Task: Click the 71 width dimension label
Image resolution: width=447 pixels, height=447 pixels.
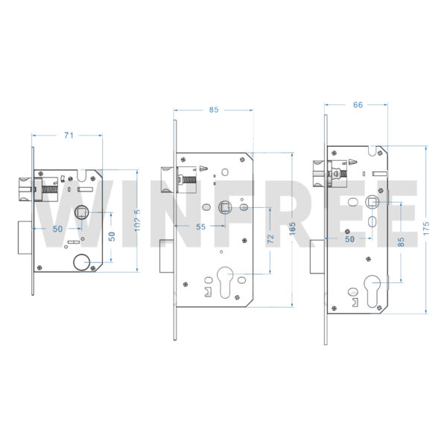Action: (x=69, y=136)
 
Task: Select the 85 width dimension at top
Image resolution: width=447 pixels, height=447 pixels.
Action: (x=214, y=110)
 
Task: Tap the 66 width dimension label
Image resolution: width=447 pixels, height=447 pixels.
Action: (x=358, y=105)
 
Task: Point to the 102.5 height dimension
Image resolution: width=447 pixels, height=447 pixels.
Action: (x=137, y=221)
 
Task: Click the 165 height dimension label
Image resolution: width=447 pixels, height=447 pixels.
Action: (x=293, y=229)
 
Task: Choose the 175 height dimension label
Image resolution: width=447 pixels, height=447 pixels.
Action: (x=426, y=228)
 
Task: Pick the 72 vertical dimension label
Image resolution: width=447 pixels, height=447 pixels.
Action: (x=270, y=239)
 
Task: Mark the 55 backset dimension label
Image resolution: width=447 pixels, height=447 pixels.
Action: (x=200, y=227)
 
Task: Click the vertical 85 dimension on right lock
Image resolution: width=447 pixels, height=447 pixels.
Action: (x=401, y=242)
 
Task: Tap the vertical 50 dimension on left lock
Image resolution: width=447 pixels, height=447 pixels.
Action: (x=112, y=237)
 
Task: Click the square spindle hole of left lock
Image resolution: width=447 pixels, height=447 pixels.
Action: (x=82, y=212)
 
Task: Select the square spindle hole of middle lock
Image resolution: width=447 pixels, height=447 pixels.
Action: (x=225, y=207)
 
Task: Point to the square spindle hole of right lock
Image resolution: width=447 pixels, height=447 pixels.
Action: (x=372, y=202)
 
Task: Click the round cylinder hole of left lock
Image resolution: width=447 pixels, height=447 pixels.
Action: (x=82, y=262)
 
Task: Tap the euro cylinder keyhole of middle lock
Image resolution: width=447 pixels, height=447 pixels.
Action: (x=225, y=282)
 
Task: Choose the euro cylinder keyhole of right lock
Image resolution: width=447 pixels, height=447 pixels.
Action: (x=372, y=291)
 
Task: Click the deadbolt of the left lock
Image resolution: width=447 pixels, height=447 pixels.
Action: (x=25, y=238)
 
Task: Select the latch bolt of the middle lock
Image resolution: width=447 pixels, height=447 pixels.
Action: (x=168, y=180)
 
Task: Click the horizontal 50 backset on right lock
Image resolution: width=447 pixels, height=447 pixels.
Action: (x=350, y=239)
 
